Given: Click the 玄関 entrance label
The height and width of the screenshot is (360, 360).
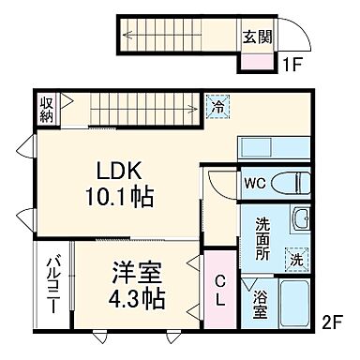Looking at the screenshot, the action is click(x=258, y=37).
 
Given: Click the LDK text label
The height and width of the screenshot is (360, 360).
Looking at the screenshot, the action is click(x=122, y=172).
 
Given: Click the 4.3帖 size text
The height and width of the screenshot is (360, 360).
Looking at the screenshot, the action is click(x=137, y=300).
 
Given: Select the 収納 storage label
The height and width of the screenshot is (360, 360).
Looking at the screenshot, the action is click(x=47, y=109).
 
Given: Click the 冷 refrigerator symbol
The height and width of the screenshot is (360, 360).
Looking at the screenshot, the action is click(x=217, y=108).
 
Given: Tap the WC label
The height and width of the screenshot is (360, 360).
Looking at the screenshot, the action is click(x=254, y=183).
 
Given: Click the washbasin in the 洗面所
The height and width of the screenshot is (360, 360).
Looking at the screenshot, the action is click(x=301, y=221).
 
